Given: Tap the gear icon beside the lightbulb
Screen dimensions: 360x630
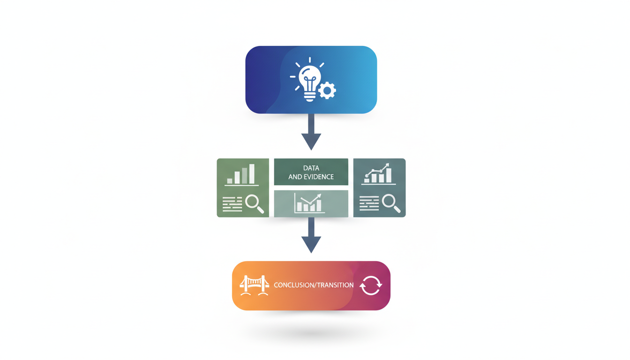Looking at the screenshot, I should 327,90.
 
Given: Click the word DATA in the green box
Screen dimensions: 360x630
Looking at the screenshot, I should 311,168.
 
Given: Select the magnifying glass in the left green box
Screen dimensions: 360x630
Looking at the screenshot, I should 254,204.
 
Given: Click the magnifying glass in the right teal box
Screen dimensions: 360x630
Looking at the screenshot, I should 391,203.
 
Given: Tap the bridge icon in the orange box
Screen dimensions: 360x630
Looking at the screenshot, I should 254,285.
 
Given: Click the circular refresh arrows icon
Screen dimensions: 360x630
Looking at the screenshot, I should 371,285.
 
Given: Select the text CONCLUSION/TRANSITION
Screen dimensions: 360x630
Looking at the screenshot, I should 314,285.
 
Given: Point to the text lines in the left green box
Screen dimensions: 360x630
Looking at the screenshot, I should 232,204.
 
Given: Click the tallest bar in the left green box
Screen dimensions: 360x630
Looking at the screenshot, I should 252,173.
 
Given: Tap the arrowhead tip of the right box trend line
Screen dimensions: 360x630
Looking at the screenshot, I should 388,165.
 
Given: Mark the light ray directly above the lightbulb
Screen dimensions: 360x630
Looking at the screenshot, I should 310,60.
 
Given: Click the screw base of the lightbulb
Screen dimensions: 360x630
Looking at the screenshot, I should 310,97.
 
